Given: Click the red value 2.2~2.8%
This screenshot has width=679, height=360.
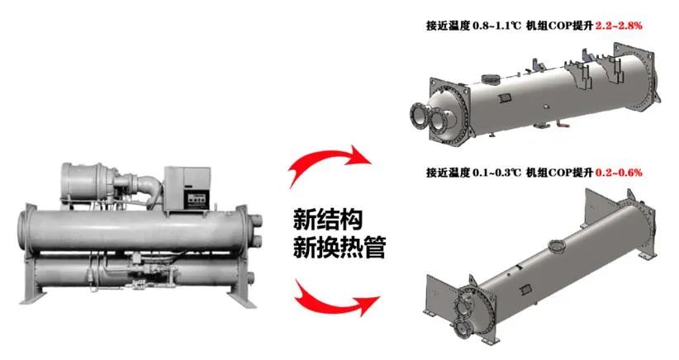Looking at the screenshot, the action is [x=619, y=26].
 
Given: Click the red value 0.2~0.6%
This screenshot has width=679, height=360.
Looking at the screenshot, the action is [x=619, y=173].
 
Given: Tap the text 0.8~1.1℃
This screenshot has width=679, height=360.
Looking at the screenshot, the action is [x=497, y=26].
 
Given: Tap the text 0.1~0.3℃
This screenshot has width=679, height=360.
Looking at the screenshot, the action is [x=497, y=173].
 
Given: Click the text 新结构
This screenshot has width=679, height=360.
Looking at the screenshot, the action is [x=328, y=220].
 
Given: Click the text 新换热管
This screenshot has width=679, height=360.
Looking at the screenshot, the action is [x=339, y=247].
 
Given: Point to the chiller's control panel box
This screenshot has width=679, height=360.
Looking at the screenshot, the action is [x=187, y=190].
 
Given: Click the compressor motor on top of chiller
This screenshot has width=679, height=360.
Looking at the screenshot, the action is [x=87, y=181].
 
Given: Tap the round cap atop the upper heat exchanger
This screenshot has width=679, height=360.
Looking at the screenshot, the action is [x=490, y=79].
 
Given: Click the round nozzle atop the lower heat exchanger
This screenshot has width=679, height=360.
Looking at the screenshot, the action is [x=557, y=247].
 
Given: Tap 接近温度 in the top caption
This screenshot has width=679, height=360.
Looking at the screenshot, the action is [x=448, y=26].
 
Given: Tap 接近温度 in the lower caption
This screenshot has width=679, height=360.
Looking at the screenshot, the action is [x=448, y=173].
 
